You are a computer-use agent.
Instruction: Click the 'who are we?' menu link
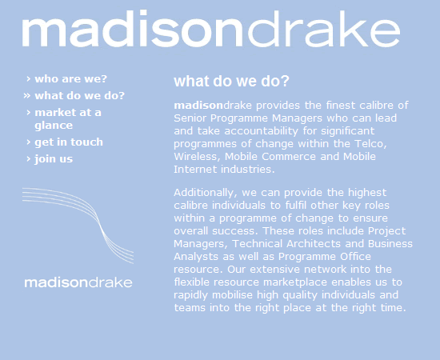point(70,79)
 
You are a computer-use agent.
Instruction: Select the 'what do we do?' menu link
point(79,96)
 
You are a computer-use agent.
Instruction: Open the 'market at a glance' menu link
point(68,118)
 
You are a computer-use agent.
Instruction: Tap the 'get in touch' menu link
point(69,142)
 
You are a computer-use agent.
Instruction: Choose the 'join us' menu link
point(54,159)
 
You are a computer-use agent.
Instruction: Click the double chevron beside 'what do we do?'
point(27,96)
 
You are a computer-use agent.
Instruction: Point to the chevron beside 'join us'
point(28,159)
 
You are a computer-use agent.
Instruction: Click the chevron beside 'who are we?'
point(28,79)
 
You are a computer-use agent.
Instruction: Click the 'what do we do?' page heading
point(231,81)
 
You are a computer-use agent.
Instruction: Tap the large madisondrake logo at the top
point(211,28)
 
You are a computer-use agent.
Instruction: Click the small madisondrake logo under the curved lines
point(78,282)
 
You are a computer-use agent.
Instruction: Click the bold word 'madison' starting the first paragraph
point(198,106)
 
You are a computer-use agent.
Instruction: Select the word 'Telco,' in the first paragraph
point(370,144)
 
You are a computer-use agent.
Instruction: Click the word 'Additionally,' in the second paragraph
point(206,193)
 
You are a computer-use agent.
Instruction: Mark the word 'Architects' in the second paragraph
point(314,243)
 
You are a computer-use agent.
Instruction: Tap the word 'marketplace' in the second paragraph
point(295,282)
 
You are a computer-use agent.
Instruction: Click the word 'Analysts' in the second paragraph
point(196,257)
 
